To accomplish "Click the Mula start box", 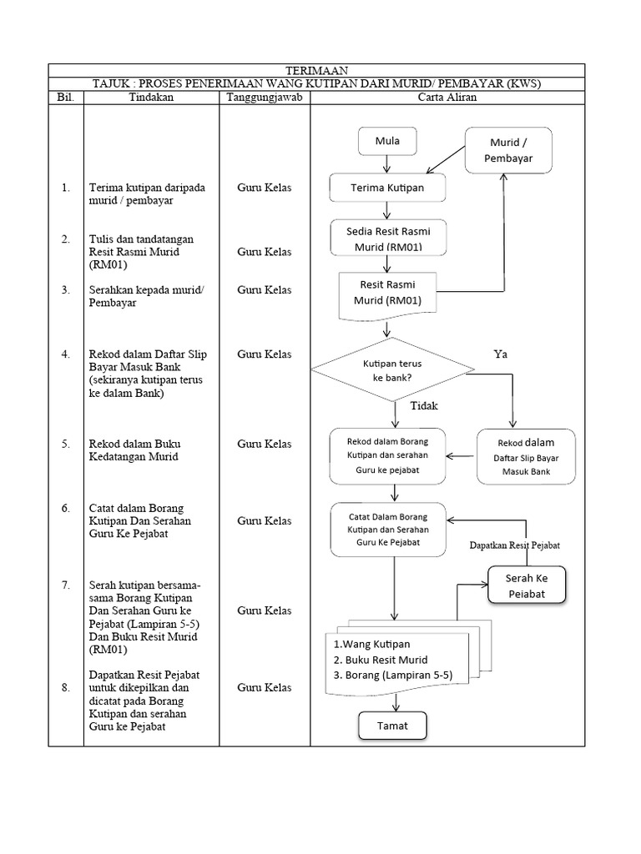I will coord(386,142).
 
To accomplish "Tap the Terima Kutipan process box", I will coord(387,188).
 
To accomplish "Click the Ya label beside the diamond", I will coord(500,354).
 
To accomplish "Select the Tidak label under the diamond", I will coord(424,406).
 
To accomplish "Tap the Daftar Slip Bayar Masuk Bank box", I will coord(526,457).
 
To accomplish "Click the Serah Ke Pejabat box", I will coord(526,585).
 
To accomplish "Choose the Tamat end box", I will coord(392,726).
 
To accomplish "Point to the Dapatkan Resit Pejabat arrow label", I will coord(514,545).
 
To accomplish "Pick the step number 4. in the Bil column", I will coord(66,354).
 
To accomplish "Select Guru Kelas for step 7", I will coord(265,611).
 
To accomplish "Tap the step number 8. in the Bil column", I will coord(66,688).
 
